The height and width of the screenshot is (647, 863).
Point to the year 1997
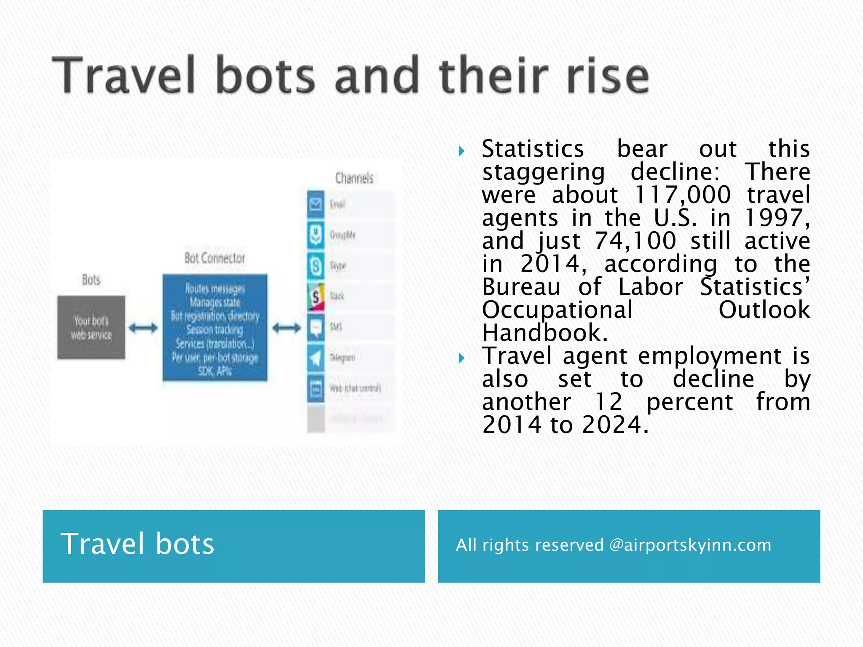pos(776,218)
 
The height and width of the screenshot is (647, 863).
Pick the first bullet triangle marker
pos(461,151)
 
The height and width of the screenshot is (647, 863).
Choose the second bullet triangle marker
pos(461,358)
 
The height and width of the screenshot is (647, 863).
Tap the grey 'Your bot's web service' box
pos(91,327)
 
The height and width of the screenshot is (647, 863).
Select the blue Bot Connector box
pos(215,327)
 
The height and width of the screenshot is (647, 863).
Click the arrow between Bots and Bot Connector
pos(143,328)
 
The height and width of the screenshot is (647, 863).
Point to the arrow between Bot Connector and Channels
pos(287,328)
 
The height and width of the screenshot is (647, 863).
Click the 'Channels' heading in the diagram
pos(354,178)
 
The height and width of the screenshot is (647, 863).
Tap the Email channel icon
pos(316,205)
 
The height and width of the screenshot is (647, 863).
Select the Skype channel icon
pos(316,266)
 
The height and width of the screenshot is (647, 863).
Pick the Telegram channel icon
pos(316,358)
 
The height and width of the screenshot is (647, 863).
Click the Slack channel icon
pos(316,296)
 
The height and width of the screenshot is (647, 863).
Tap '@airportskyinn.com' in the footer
pos(690,545)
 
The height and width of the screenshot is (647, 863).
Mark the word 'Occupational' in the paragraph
pos(557,310)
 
